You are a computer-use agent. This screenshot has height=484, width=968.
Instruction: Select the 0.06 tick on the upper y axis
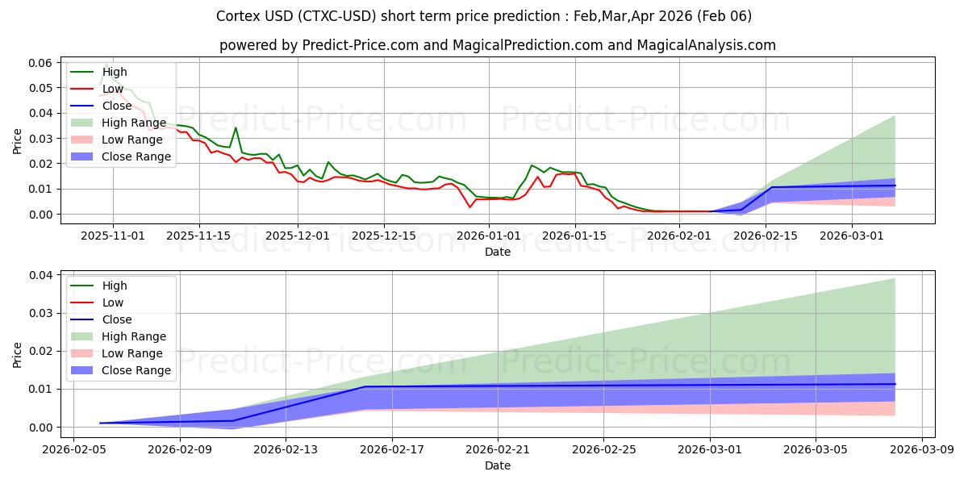[41, 63]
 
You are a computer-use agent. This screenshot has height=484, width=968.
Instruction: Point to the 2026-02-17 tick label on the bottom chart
[391, 449]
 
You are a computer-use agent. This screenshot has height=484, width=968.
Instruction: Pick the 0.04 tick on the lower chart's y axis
[41, 276]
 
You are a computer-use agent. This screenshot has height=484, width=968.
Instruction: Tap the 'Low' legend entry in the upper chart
[113, 89]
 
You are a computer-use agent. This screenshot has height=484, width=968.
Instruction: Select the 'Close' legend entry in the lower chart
[117, 319]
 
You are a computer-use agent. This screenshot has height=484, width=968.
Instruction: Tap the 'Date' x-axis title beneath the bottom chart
[497, 465]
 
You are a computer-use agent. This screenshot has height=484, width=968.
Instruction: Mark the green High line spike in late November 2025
[236, 127]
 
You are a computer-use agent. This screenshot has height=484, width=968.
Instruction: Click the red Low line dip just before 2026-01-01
[470, 207]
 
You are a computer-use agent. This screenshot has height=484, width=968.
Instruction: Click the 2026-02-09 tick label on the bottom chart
[179, 449]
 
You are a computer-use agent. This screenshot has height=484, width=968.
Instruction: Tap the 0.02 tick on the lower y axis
[41, 352]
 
